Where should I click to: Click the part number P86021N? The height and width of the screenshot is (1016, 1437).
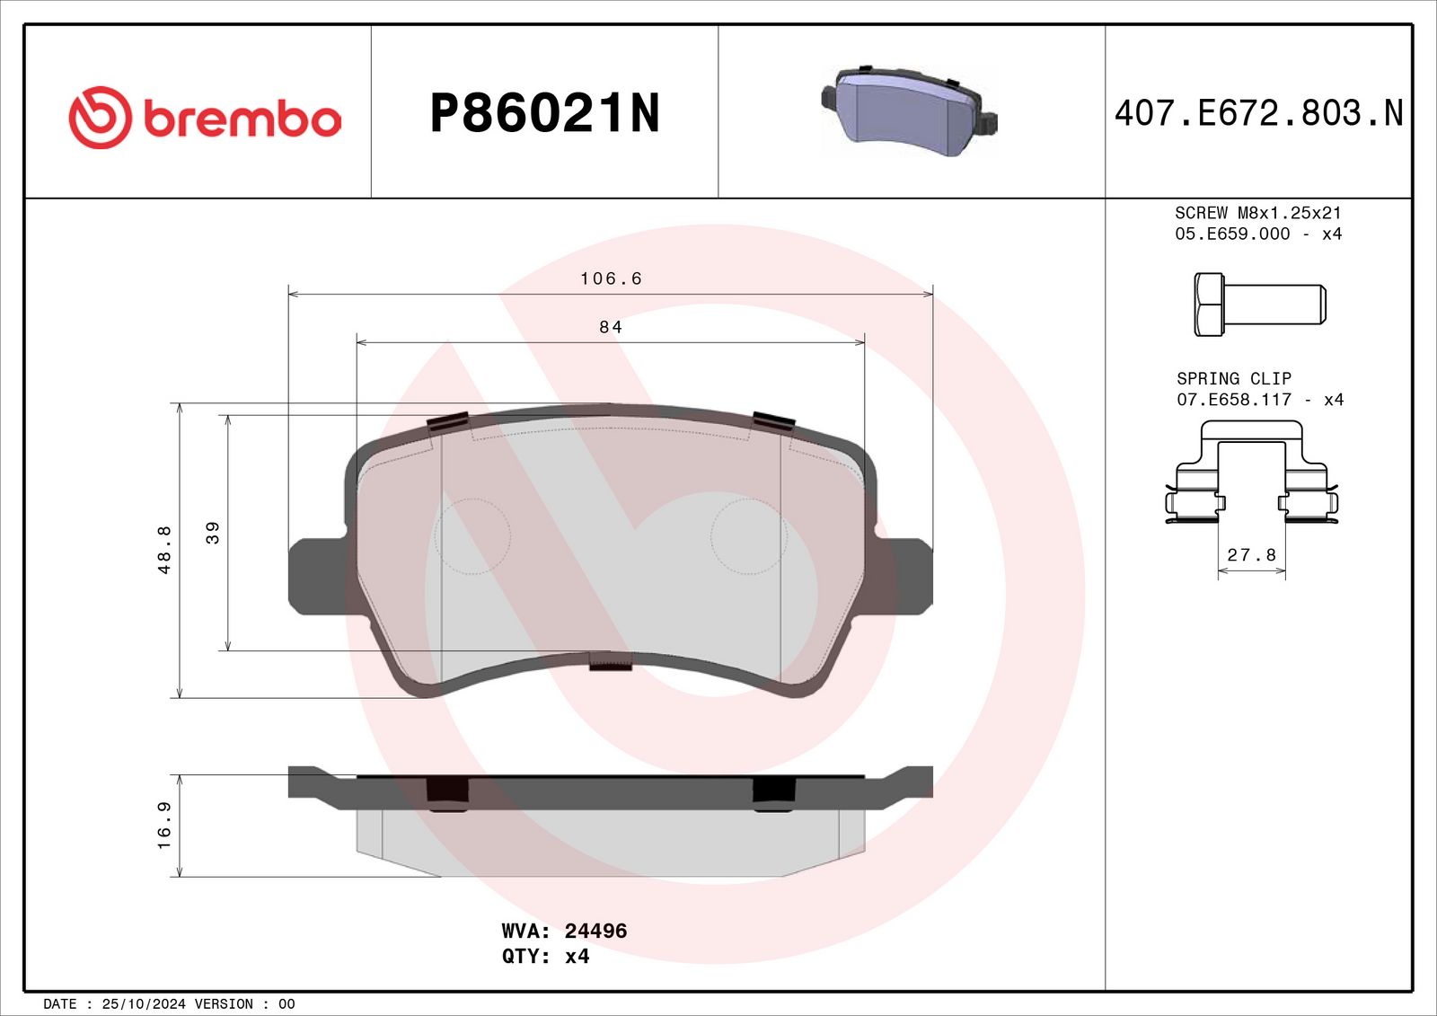[544, 113]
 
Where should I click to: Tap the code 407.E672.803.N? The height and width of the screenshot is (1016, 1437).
[1258, 113]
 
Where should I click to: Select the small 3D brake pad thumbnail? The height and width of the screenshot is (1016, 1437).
[909, 111]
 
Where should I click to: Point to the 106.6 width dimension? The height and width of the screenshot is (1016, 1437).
[611, 278]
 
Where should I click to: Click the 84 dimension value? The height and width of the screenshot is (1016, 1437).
[611, 327]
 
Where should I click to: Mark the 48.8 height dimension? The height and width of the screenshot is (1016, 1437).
[164, 550]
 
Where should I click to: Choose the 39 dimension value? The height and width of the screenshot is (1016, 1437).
[212, 533]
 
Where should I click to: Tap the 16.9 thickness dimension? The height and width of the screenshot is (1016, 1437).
[164, 826]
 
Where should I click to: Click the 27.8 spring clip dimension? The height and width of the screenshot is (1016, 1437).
[1252, 554]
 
